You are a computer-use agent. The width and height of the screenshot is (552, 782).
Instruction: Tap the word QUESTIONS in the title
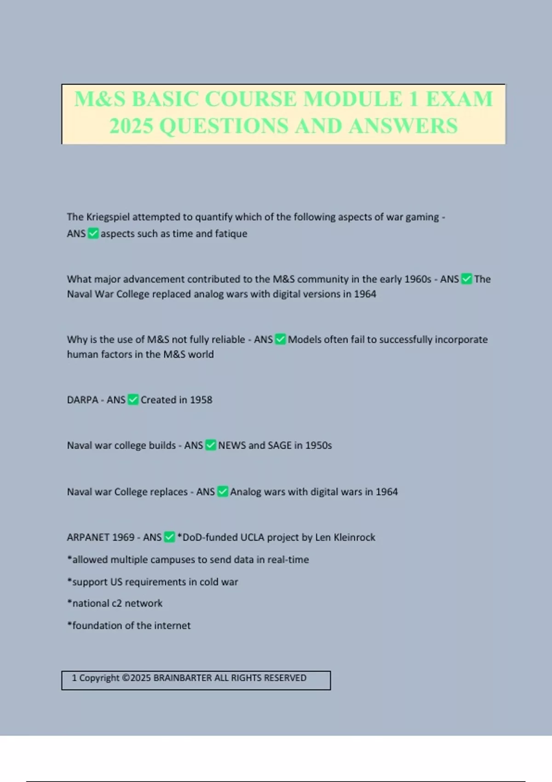tap(224, 126)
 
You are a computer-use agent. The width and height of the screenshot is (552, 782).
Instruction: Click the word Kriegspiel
tap(108, 217)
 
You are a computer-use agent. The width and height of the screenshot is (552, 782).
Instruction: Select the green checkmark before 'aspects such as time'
tap(93, 234)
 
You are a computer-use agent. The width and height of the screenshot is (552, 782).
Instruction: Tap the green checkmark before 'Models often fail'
tap(280, 339)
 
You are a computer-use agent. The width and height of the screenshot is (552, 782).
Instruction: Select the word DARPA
tap(83, 400)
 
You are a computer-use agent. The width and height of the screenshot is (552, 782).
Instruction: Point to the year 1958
tap(201, 400)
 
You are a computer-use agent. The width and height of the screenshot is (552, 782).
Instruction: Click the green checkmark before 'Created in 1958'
tap(133, 400)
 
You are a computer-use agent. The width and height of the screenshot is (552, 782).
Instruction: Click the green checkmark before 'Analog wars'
tap(223, 492)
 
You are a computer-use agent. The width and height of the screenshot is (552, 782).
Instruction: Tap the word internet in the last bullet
tap(172, 626)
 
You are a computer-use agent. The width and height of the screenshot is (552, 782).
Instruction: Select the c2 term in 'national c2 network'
tap(117, 604)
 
